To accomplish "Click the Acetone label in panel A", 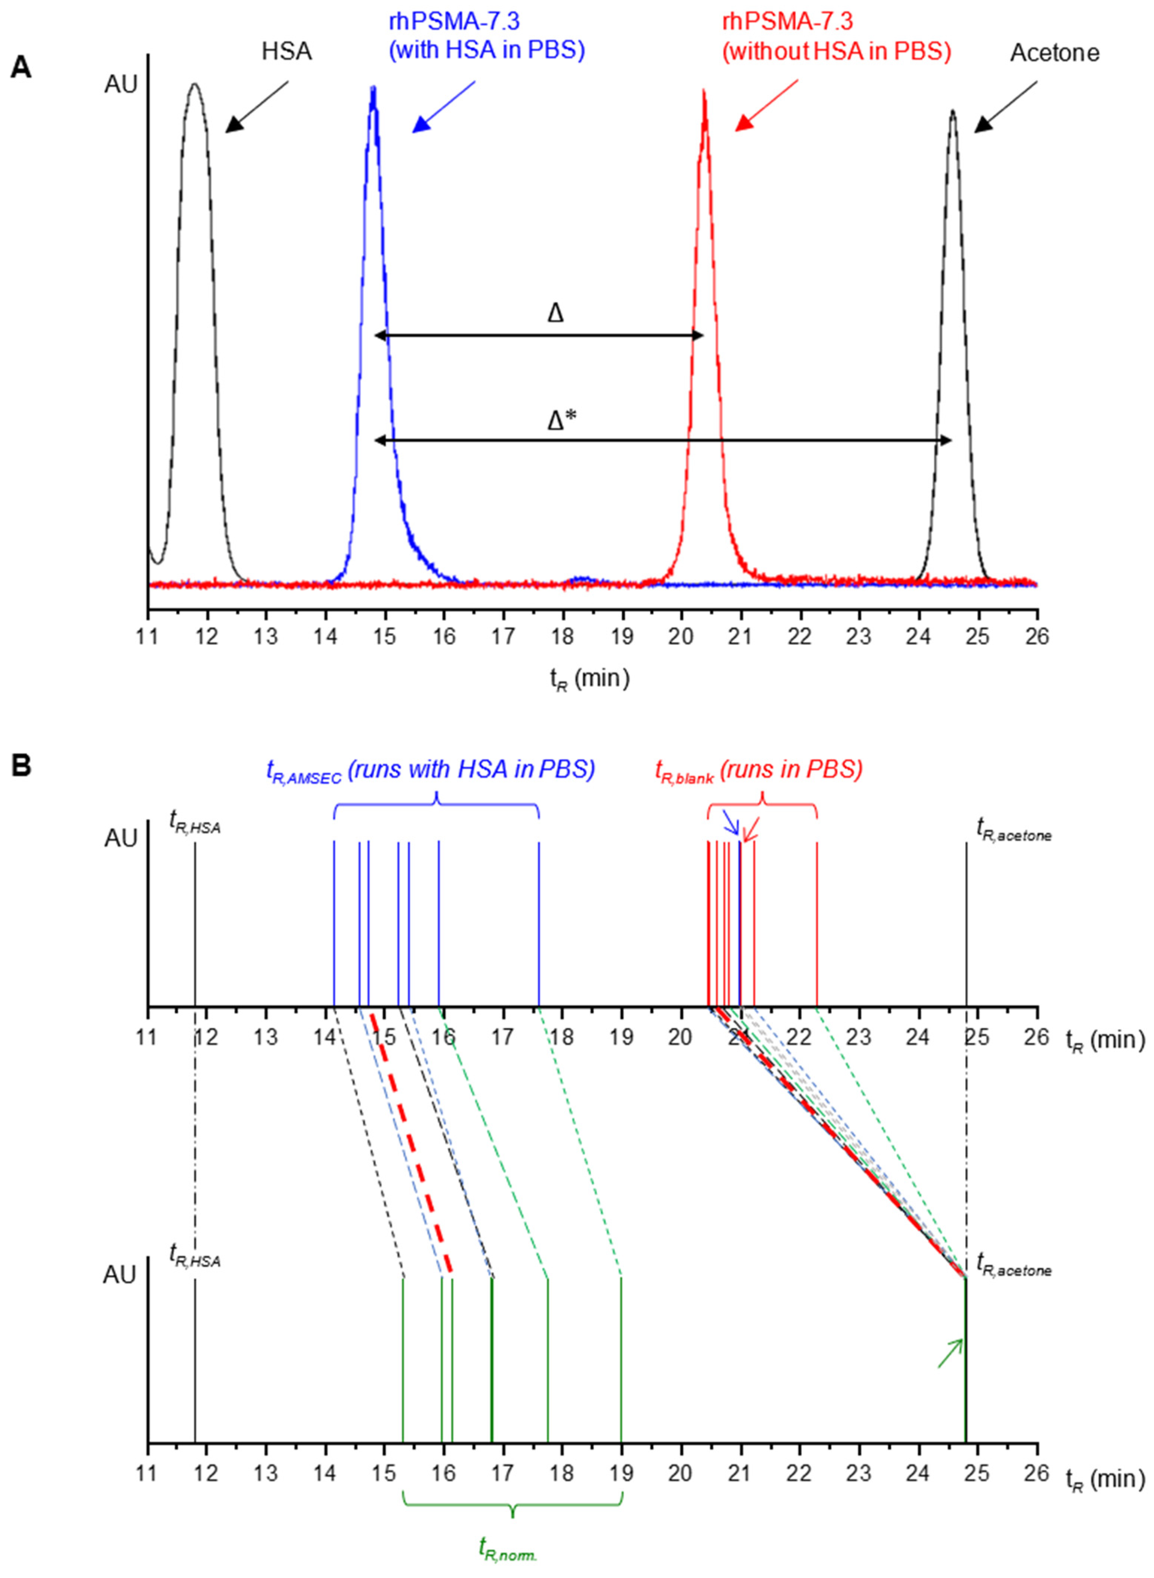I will [x=1054, y=53].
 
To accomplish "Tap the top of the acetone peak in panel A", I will [x=952, y=110].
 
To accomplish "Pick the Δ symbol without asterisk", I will [x=555, y=314].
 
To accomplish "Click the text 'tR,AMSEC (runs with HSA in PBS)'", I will [x=430, y=770].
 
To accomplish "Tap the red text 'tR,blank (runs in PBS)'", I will [x=759, y=770].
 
